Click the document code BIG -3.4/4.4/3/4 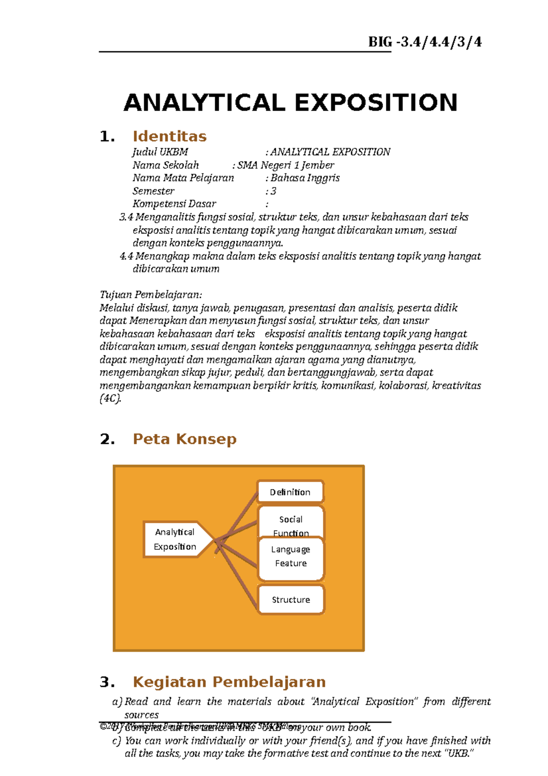pos(425,42)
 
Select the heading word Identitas pos(169,136)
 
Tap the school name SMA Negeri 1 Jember pos(285,165)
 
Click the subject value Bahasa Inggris pos(305,178)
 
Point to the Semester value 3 pos(273,191)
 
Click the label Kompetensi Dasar pos(174,204)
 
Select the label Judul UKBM pos(160,152)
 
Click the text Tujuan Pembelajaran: pos(151,294)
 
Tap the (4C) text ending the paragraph pos(110,399)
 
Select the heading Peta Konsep pos(184,439)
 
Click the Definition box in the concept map pos(290,492)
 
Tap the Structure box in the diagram pos(291,600)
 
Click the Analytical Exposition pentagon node pos(175,539)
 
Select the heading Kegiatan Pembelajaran pos(229,682)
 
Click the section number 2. pos(107,439)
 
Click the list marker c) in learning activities pos(117,741)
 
